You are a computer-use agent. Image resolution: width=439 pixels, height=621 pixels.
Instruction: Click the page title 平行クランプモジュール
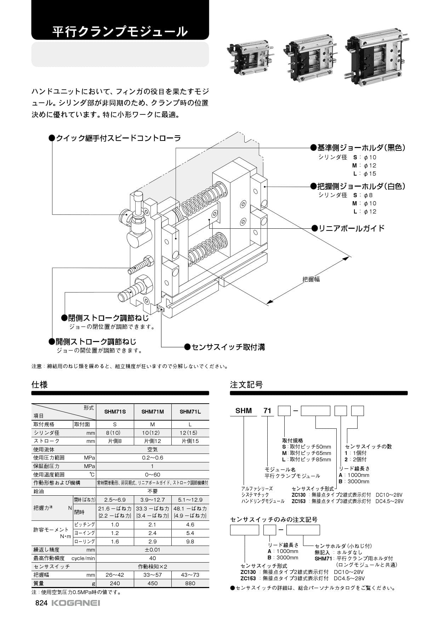120,32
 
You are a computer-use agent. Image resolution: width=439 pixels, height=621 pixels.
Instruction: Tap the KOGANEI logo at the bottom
76,603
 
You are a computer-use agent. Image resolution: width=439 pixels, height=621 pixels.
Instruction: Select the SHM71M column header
153,411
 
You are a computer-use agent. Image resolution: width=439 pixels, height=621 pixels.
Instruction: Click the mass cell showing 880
190,583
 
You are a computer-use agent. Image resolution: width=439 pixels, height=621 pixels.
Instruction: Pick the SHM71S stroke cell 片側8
115,441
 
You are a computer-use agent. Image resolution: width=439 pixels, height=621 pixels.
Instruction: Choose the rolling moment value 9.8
190,541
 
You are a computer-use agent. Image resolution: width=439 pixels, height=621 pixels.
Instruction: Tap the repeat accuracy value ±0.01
153,549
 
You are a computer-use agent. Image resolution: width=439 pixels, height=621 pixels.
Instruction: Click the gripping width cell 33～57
153,575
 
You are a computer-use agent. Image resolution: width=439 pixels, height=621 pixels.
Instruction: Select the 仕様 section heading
39,384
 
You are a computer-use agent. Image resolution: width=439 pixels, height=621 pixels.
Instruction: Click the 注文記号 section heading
246,384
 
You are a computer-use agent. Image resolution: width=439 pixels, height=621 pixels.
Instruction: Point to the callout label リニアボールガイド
348,228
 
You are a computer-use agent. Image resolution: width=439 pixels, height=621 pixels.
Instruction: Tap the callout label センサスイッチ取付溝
225,347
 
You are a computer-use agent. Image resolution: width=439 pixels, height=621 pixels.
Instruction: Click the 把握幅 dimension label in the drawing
311,279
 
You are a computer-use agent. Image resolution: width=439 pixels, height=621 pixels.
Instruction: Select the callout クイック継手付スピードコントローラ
115,138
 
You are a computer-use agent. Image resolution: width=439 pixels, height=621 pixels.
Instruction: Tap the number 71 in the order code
267,411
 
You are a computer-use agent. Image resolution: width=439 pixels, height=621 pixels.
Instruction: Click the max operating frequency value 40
153,558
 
